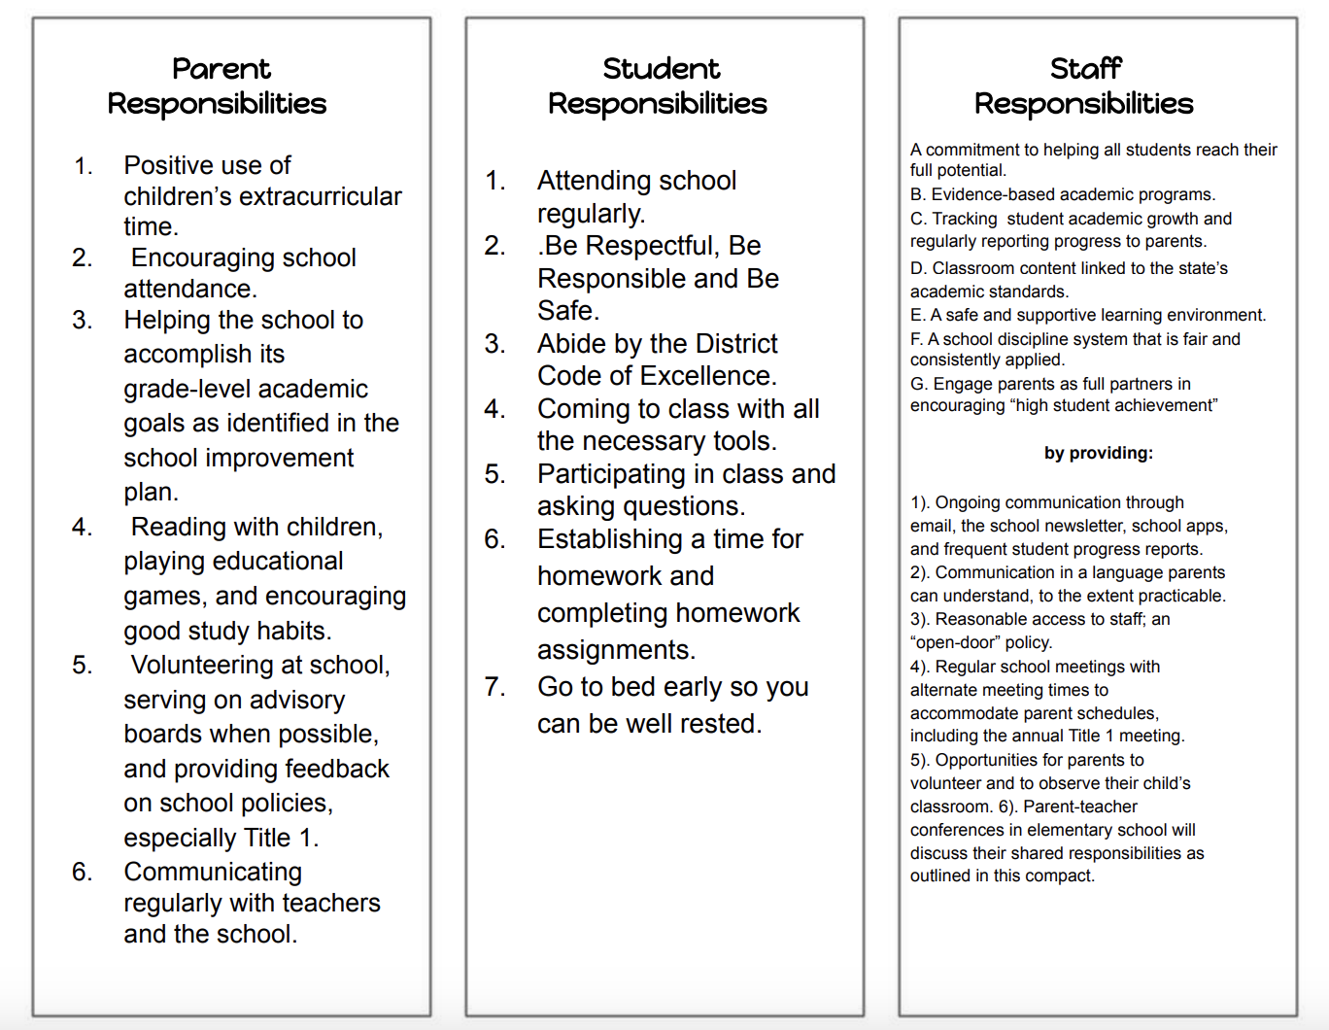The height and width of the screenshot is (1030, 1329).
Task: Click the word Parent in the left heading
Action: click(221, 69)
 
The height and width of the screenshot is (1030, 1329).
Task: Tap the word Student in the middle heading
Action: click(661, 69)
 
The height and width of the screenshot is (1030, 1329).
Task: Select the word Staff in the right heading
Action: click(1085, 69)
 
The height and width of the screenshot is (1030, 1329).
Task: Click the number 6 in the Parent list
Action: click(81, 872)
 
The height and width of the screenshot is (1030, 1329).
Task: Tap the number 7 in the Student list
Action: click(494, 687)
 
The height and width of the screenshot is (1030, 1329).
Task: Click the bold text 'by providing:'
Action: click(1099, 453)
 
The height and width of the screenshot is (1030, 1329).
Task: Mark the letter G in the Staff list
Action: click(918, 384)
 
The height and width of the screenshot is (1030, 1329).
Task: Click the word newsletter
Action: click(1075, 526)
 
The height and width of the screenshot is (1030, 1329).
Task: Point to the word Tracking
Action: click(964, 219)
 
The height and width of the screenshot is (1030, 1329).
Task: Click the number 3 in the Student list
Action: click(494, 344)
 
